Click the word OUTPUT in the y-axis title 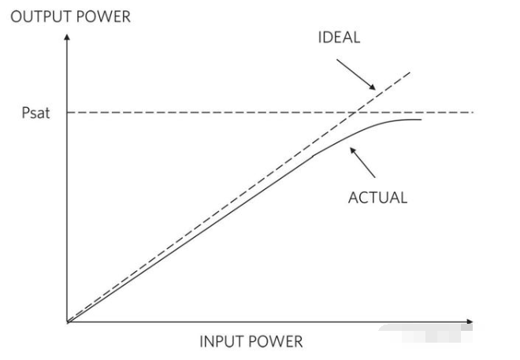pyautogui.click(x=36, y=17)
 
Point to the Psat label pyautogui.click(x=35, y=113)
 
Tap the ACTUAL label pyautogui.click(x=377, y=197)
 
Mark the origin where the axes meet pyautogui.click(x=68, y=322)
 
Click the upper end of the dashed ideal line pyautogui.click(x=411, y=71)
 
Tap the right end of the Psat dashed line pyautogui.click(x=473, y=113)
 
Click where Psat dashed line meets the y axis pyautogui.click(x=68, y=113)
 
